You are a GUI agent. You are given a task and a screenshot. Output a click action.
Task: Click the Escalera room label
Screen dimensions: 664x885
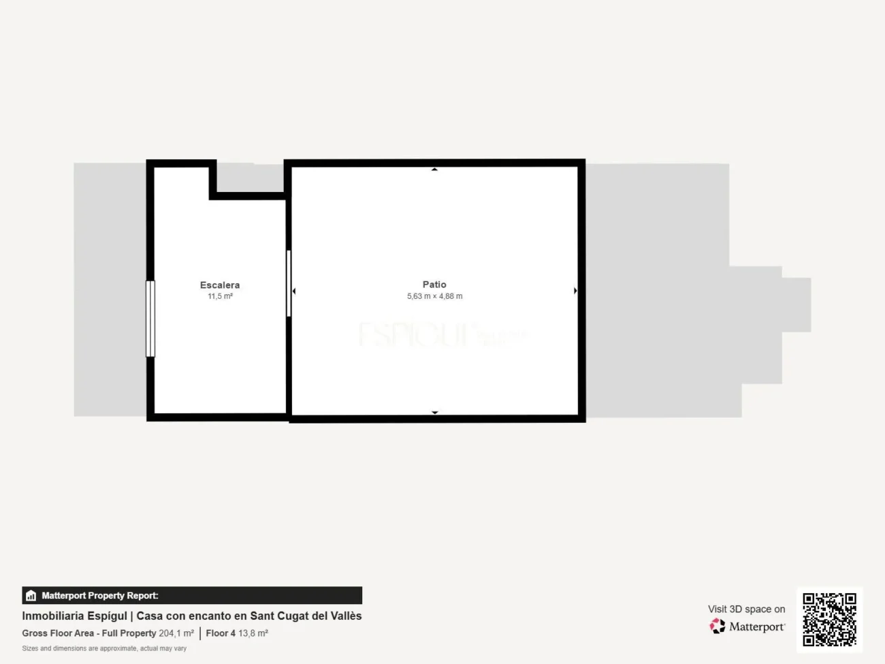(x=219, y=285)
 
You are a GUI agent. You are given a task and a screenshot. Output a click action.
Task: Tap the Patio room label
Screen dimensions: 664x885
(x=434, y=284)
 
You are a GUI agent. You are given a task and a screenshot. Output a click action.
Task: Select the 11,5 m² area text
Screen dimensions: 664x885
(x=220, y=296)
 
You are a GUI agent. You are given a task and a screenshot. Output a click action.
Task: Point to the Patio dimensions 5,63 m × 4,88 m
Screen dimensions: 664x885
(x=434, y=296)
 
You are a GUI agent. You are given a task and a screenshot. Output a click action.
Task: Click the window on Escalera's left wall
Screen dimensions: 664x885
(x=150, y=319)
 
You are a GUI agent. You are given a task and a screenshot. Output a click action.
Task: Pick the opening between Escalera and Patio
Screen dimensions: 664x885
(x=289, y=283)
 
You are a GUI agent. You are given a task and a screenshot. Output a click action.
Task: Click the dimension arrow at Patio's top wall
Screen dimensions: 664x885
(x=434, y=169)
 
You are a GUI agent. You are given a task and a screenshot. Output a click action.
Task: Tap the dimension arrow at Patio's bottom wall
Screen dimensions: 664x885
(x=434, y=412)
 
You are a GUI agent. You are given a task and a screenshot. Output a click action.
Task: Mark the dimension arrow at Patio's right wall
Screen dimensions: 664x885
(x=575, y=291)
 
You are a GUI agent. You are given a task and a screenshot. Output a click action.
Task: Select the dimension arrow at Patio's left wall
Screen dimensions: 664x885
(x=294, y=291)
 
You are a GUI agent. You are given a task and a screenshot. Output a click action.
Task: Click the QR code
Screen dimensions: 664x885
(x=829, y=619)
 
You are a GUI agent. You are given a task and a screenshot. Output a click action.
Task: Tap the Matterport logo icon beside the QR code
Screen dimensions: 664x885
(x=718, y=626)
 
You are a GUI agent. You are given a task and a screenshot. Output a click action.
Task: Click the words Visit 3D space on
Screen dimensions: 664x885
(x=746, y=609)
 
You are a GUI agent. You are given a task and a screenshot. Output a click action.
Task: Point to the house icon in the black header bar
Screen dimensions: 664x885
(x=31, y=596)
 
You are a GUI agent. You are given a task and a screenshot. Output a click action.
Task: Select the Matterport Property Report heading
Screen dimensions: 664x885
(x=100, y=596)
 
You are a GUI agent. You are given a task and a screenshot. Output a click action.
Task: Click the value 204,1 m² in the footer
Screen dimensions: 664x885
(x=176, y=633)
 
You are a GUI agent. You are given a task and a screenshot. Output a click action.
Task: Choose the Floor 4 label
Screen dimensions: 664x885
(x=221, y=633)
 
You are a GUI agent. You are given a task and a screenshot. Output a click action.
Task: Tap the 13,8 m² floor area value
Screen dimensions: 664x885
(x=253, y=633)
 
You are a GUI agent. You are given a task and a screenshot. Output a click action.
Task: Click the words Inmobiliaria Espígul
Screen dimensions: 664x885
(x=74, y=616)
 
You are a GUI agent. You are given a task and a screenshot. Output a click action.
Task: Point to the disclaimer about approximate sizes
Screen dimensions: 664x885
(x=104, y=648)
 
